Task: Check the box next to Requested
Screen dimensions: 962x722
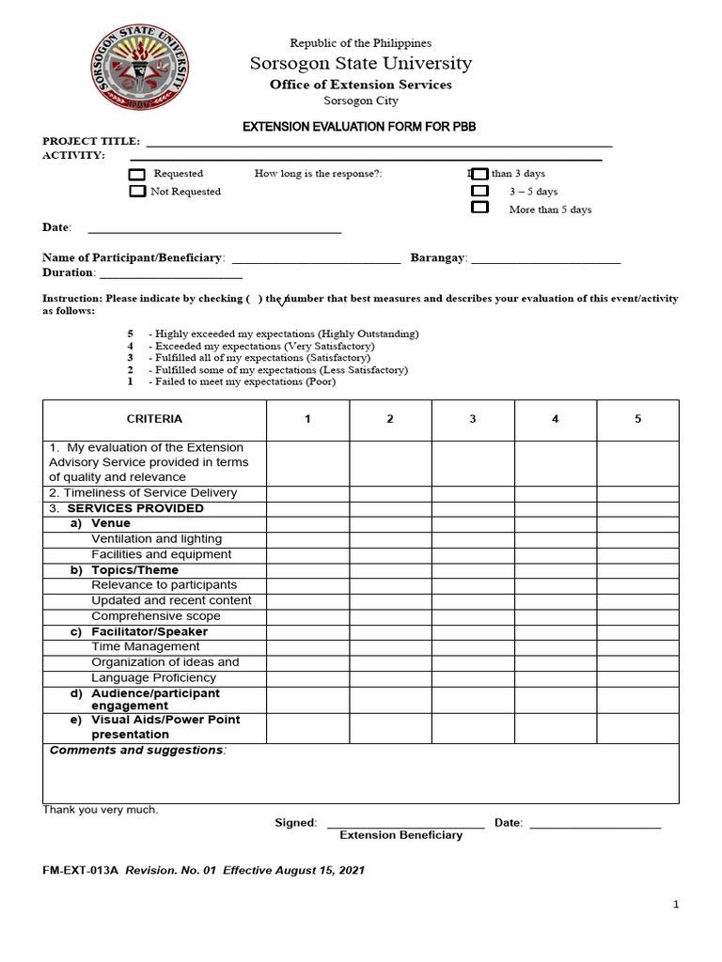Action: click(137, 174)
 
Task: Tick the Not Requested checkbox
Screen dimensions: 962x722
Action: click(137, 192)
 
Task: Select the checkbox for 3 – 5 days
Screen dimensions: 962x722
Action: click(479, 191)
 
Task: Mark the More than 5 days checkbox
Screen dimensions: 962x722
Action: click(479, 208)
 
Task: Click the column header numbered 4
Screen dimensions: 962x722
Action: click(555, 420)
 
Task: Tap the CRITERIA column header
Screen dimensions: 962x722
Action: click(154, 420)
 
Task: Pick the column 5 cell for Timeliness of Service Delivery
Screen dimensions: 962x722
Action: click(637, 493)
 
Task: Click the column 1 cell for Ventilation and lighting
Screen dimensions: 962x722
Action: click(307, 539)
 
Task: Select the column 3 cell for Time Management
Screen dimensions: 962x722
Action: click(472, 647)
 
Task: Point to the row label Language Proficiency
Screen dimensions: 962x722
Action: click(155, 678)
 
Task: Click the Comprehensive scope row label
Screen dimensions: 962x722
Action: click(156, 616)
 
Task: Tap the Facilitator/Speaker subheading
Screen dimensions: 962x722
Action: click(149, 632)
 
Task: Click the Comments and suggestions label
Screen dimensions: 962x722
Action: click(137, 751)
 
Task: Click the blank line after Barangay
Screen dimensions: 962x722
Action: click(545, 260)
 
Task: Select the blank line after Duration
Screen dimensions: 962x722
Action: click(170, 275)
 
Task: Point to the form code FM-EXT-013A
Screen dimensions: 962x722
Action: click(81, 871)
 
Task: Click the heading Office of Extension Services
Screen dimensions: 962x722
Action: click(361, 85)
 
